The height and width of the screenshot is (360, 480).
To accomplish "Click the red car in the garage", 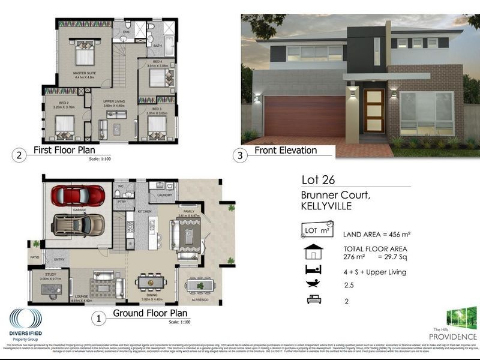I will (x=78, y=196).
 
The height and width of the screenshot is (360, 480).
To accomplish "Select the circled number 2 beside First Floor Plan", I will (x=20, y=155).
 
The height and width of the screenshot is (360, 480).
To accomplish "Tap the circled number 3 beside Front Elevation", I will (x=241, y=155).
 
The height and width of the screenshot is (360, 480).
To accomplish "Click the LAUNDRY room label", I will (x=164, y=195).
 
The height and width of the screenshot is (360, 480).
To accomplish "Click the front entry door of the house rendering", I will (x=374, y=112).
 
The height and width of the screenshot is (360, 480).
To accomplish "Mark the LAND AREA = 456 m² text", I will (x=376, y=234).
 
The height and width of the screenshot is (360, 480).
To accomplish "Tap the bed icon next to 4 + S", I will (x=312, y=270).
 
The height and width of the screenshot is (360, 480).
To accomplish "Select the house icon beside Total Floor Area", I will (x=313, y=251).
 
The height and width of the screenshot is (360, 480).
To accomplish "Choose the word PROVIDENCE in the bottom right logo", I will (x=457, y=337).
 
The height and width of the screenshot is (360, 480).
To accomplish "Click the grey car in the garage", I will (x=77, y=225).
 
